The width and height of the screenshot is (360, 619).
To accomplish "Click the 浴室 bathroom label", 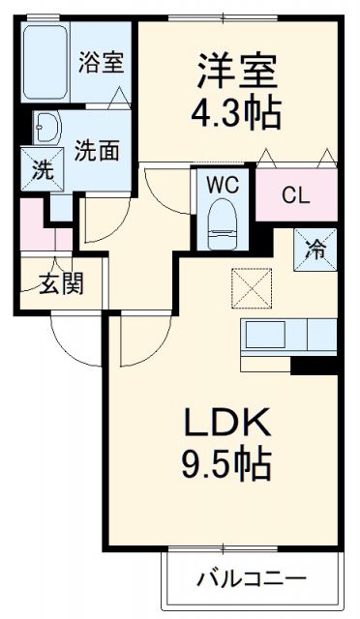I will (x=101, y=63).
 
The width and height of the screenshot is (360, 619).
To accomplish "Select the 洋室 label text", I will (x=238, y=73).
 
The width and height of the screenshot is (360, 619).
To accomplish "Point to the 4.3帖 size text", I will (x=238, y=113).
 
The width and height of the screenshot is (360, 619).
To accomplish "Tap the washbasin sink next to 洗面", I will (x=46, y=126).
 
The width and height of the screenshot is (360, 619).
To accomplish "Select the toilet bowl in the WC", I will (x=222, y=218).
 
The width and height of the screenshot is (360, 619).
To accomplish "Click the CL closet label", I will (x=295, y=195).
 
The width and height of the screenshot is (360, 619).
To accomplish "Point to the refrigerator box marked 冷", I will (x=316, y=248).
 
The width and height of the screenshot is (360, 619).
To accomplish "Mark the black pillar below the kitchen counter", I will (x=313, y=366).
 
